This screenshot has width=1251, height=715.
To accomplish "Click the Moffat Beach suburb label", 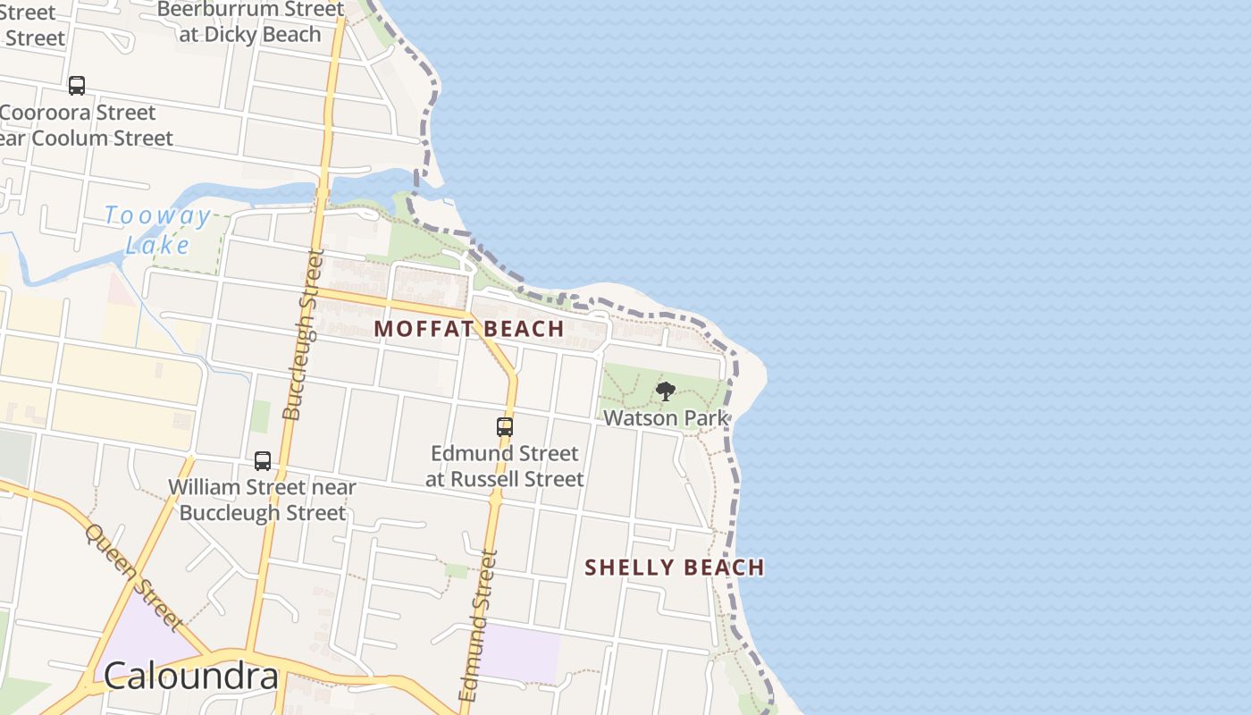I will tap(469, 329).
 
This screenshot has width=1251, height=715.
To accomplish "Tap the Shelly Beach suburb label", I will tap(675, 568).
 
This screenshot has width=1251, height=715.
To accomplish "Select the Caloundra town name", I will tap(190, 677).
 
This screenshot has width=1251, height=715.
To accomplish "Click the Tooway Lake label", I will tap(157, 230).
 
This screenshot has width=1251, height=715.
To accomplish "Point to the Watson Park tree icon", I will tap(665, 391).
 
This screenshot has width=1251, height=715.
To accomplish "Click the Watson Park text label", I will tap(666, 417).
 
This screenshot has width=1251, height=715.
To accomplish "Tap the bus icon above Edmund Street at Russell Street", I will tap(505, 427).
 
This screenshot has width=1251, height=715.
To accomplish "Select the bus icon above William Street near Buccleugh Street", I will tap(262, 461).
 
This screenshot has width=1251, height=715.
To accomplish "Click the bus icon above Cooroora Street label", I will tap(77, 86).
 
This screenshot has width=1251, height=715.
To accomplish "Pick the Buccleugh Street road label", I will tap(303, 335).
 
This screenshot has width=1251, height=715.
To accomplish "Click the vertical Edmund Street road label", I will tap(476, 626).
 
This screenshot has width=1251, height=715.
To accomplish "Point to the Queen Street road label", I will tap(133, 577).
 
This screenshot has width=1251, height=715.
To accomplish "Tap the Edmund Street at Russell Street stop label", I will tap(505, 466).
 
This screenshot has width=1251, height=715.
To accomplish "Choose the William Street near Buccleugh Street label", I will tap(262, 500).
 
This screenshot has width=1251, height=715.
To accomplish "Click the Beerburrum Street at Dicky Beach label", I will tap(250, 21).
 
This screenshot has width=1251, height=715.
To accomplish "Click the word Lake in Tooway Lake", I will tap(157, 245).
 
